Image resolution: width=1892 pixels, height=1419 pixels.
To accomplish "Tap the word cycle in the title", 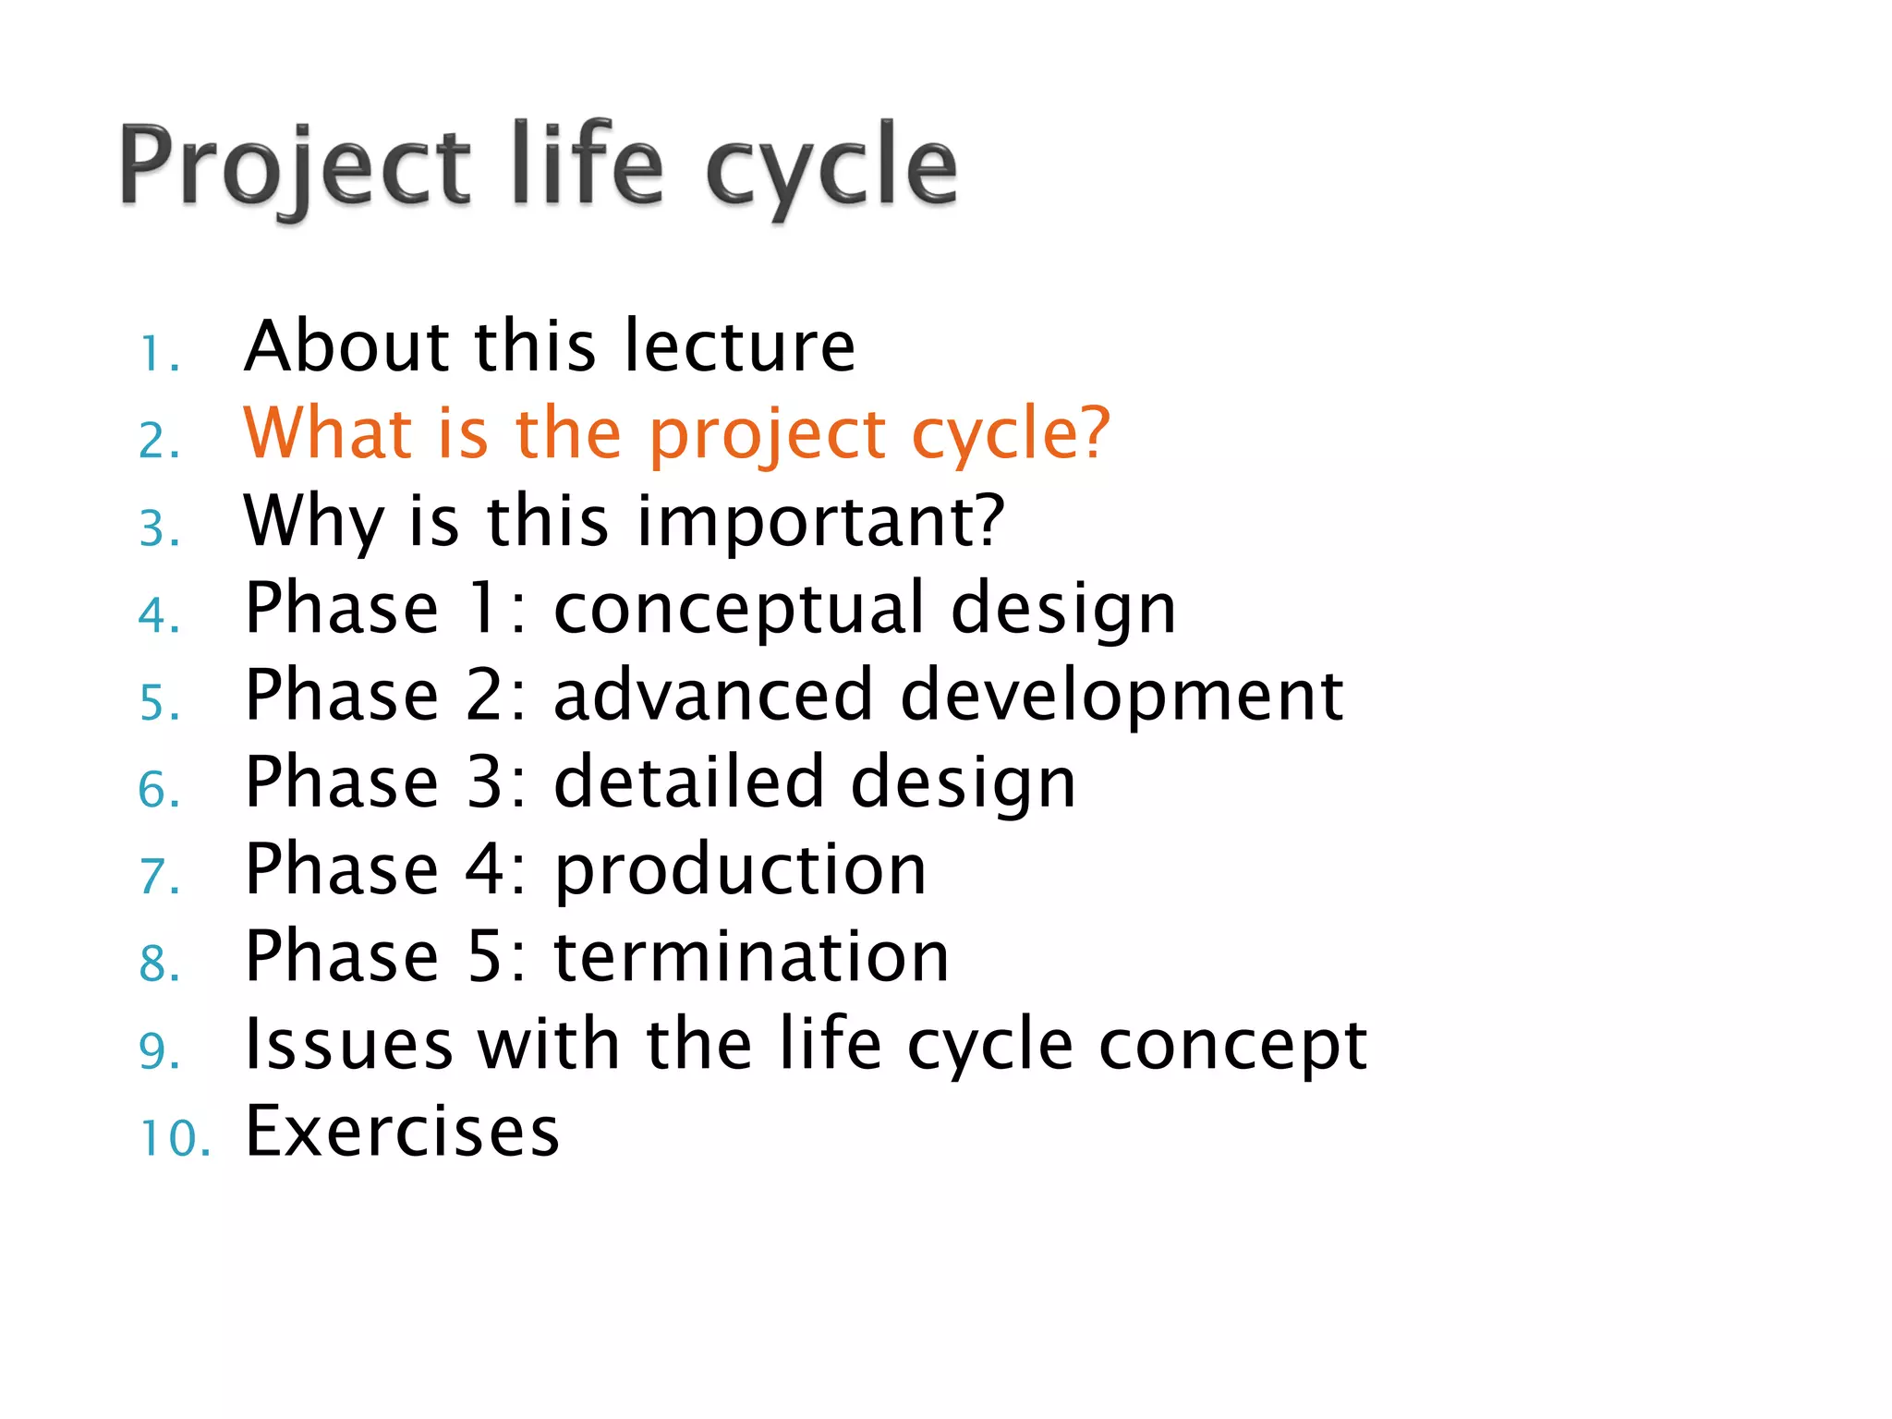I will [x=831, y=168].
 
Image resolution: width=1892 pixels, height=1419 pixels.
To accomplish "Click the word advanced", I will [x=713, y=696].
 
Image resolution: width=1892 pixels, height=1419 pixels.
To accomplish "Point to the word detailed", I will [x=689, y=782].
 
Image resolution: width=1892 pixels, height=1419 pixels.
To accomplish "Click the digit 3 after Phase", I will [x=486, y=782].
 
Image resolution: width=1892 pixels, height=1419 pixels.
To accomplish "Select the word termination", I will [x=751, y=957].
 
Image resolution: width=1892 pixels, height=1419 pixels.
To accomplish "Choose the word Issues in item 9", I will [x=348, y=1045].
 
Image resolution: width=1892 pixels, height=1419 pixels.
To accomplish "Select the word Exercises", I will [x=402, y=1132].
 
